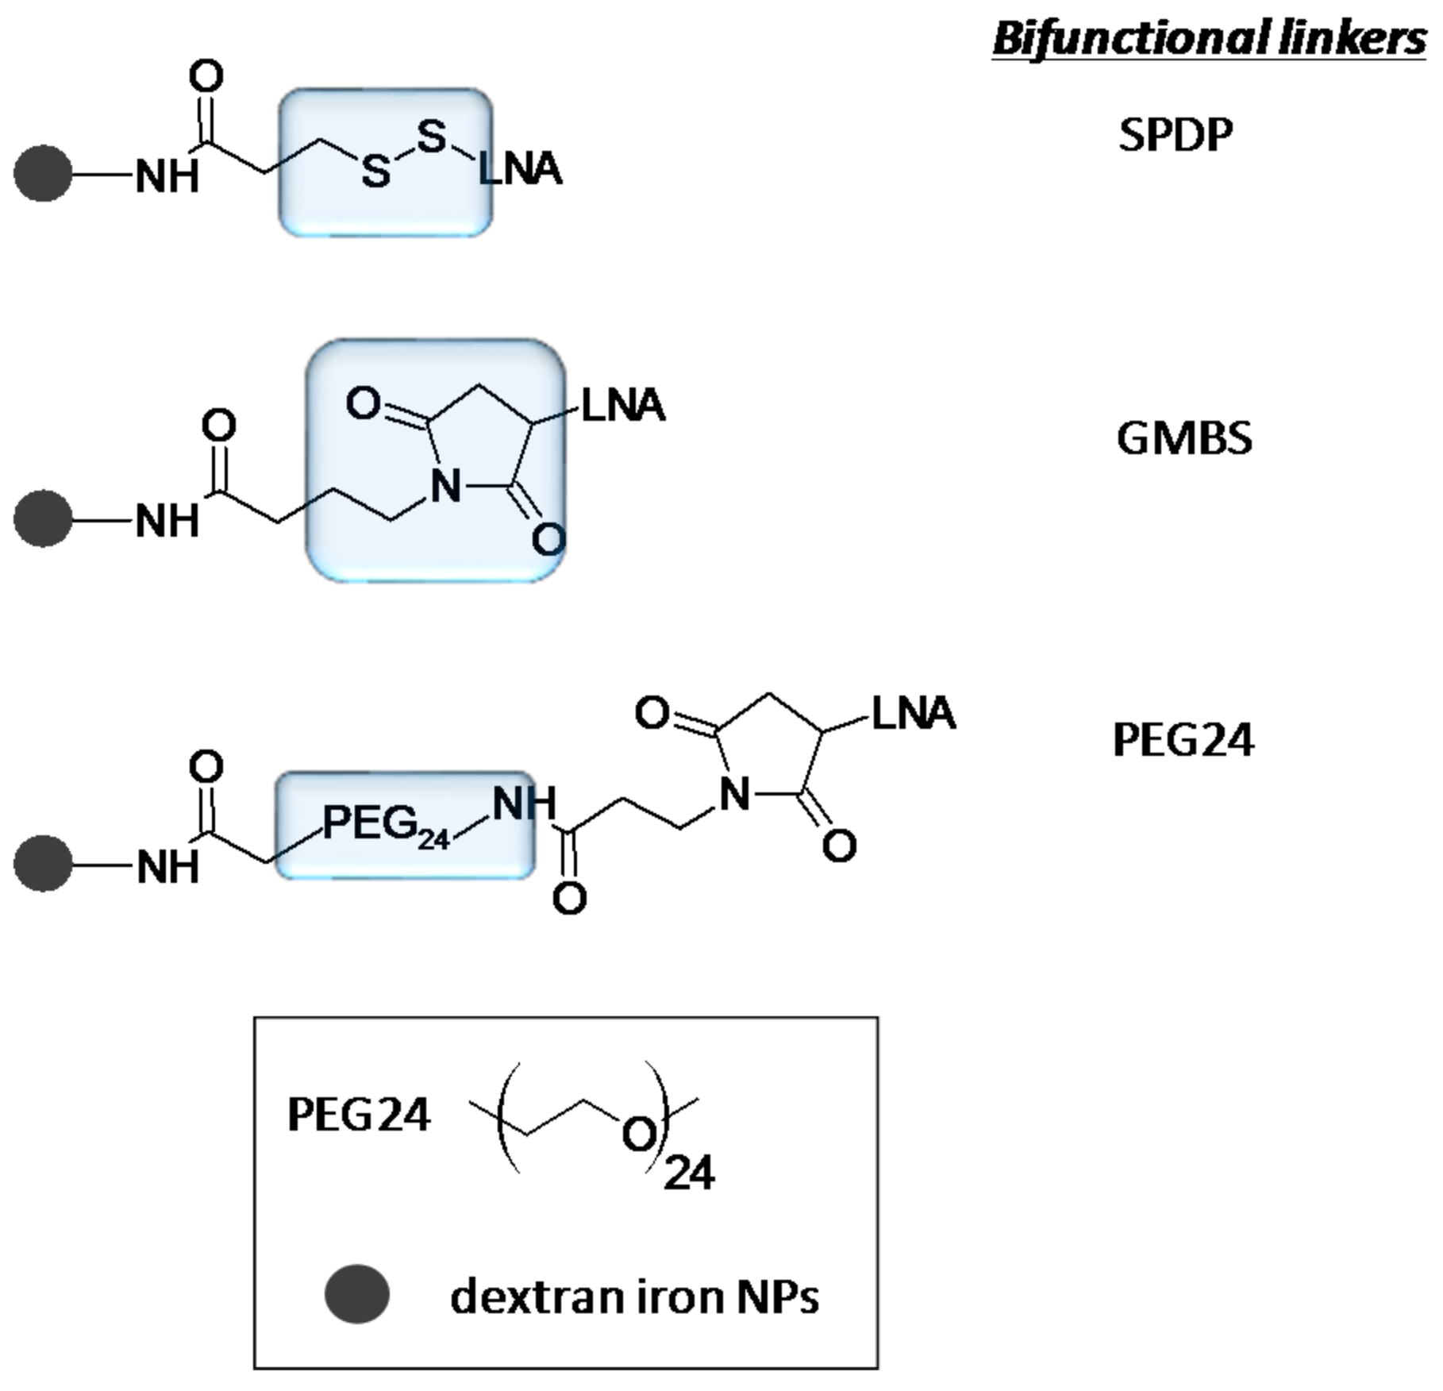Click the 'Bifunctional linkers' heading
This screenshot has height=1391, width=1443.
[1208, 38]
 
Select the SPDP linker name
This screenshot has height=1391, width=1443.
[1176, 135]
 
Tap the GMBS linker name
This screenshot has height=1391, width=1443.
[1183, 438]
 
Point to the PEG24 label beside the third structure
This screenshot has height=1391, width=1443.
[1183, 740]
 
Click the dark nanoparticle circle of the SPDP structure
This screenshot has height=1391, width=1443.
[43, 173]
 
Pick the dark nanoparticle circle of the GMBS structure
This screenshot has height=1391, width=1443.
[43, 518]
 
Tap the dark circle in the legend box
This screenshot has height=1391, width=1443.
[357, 1294]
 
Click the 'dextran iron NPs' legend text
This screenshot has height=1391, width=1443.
[633, 1297]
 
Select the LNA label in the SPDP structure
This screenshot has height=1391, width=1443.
[521, 169]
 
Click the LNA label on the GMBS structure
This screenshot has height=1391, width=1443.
[623, 406]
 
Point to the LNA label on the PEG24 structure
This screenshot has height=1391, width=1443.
[914, 713]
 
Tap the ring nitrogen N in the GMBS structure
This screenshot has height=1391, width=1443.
[445, 486]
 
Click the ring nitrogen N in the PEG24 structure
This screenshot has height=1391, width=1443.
[735, 794]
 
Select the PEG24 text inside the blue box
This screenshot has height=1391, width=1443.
[384, 824]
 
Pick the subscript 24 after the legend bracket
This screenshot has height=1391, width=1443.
[689, 1173]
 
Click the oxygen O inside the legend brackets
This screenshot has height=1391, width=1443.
[639, 1135]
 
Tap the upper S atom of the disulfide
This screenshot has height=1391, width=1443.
[431, 136]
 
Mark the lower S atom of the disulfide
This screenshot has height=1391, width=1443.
[375, 171]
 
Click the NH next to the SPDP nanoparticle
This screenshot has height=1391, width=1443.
[167, 176]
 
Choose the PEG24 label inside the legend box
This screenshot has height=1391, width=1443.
[359, 1115]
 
